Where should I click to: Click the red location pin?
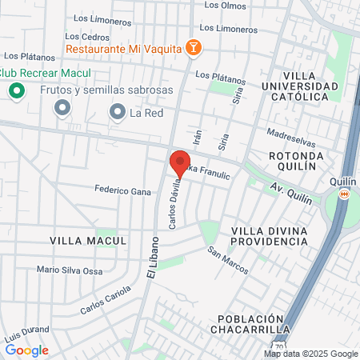(x=180, y=162)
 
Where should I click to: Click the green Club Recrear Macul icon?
(x=15, y=90)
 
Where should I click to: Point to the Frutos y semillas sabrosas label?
(x=106, y=90)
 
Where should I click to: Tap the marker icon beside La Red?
(x=118, y=112)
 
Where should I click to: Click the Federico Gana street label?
(x=122, y=192)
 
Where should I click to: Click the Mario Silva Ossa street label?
(x=70, y=270)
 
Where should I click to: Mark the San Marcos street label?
(x=228, y=261)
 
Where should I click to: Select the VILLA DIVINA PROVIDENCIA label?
(x=269, y=237)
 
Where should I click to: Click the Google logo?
(x=26, y=350)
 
